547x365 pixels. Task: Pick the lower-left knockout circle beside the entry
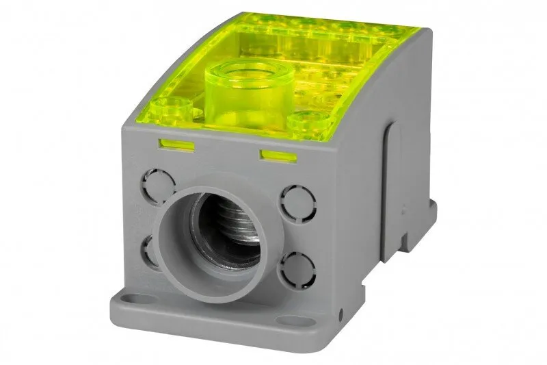click(149, 250)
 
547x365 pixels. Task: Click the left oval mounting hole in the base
click(135, 299)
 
